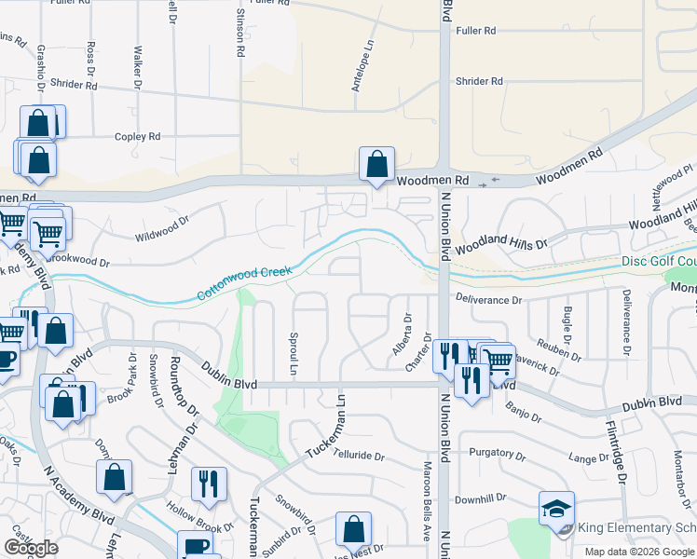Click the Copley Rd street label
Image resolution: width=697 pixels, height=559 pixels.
tap(137, 137)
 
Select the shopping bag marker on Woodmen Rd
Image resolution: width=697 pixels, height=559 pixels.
tap(376, 166)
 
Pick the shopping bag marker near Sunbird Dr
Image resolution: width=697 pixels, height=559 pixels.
tap(354, 530)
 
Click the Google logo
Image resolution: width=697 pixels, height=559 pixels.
tap(31, 548)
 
